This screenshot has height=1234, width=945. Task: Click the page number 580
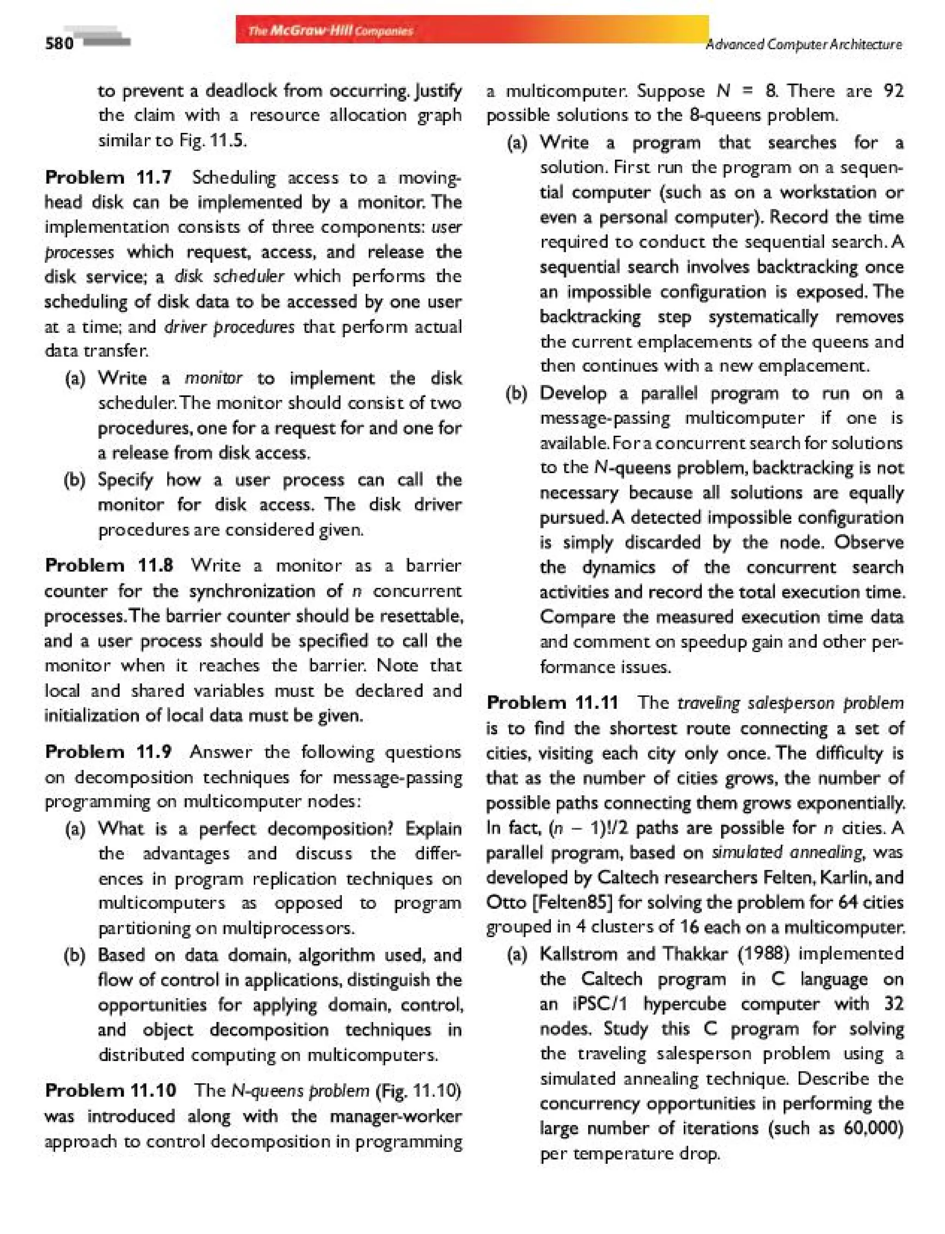point(59,43)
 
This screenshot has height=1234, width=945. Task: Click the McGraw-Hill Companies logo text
point(330,31)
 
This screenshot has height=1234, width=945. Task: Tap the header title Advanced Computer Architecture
point(804,44)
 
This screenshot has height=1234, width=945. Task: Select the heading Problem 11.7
point(108,178)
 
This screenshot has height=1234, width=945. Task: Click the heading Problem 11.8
point(108,565)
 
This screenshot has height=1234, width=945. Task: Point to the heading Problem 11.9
point(108,752)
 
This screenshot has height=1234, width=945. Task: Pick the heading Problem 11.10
point(110,1091)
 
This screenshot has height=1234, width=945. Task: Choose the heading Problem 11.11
point(552,703)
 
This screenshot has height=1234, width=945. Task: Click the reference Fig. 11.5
point(213,140)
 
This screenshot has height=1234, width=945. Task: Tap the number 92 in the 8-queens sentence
point(893,90)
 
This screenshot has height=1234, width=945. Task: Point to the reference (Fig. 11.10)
point(418,1091)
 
